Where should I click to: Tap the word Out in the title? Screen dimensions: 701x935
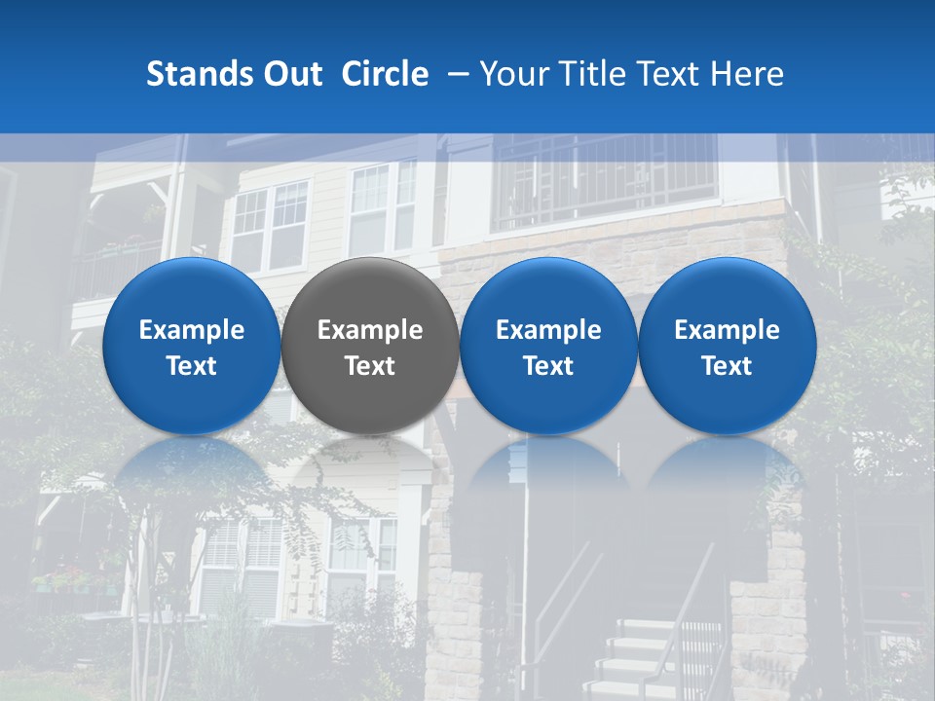tap(291, 74)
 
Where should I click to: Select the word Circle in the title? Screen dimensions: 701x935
tap(385, 74)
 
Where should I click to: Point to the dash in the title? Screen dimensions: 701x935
tap(454, 75)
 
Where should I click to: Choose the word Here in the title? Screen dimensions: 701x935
tap(747, 74)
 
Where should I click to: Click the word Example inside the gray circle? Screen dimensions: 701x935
tap(370, 330)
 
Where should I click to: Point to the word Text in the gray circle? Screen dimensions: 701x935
tap(370, 366)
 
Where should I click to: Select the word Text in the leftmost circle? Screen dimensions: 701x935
tap(191, 366)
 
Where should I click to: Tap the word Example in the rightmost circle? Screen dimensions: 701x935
tap(728, 330)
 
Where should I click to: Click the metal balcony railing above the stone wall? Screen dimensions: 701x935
tap(604, 180)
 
